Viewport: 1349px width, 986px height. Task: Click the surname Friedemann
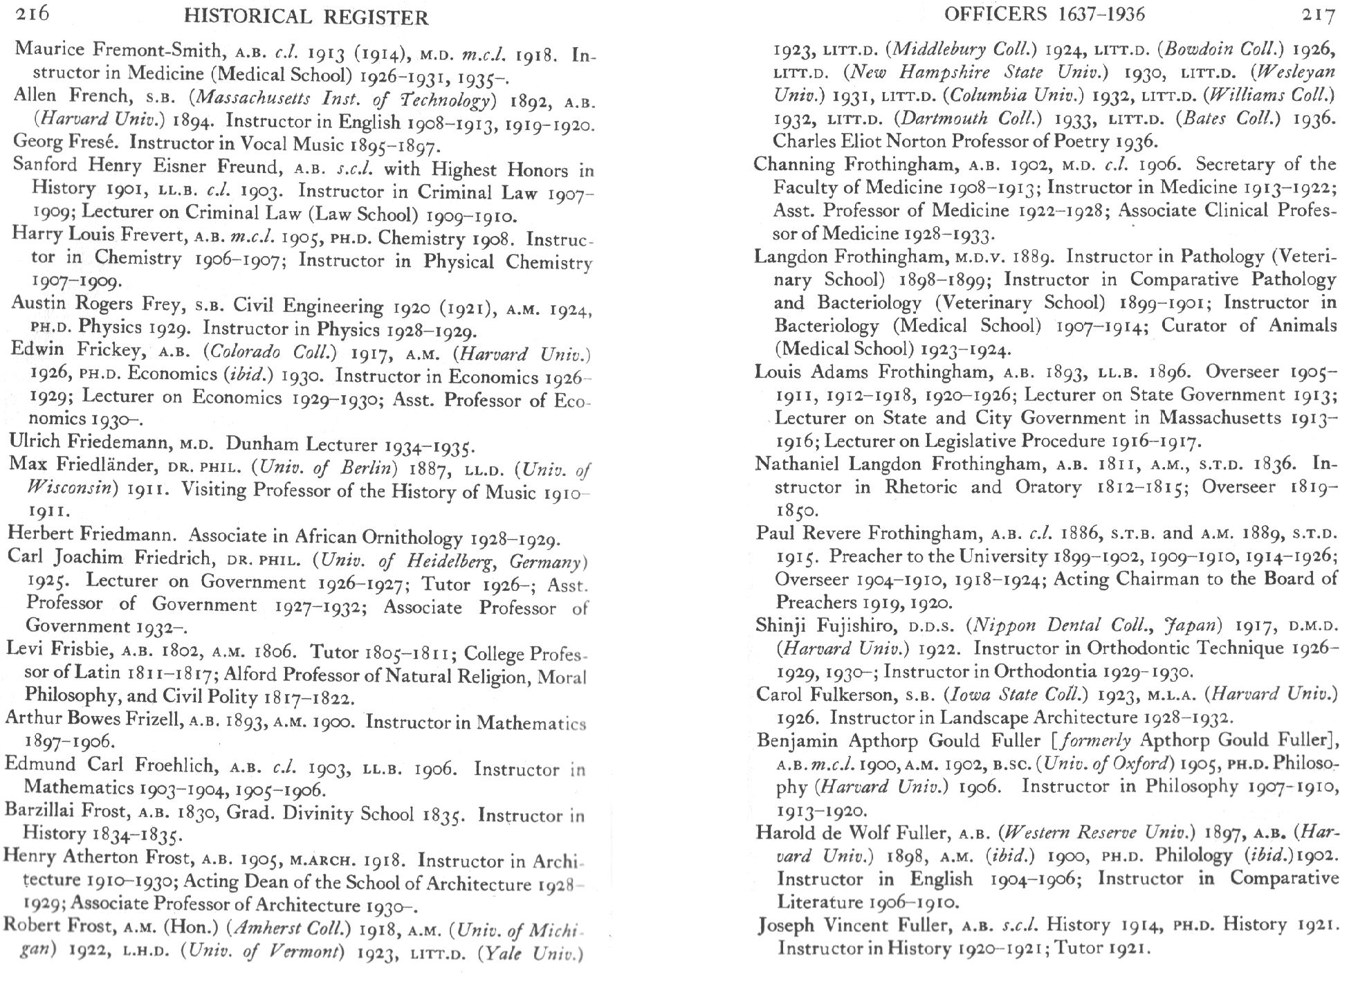click(121, 443)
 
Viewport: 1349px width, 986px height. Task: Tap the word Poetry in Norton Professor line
click(1085, 141)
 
